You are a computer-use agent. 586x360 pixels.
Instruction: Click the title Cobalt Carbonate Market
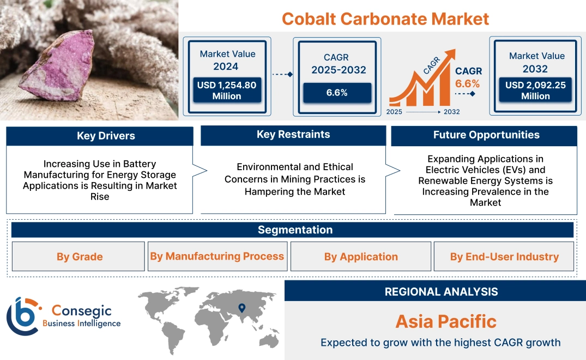tap(385, 19)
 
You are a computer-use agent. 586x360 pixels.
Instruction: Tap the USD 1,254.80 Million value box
tap(226, 90)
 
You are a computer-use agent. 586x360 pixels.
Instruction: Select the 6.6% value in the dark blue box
tap(337, 92)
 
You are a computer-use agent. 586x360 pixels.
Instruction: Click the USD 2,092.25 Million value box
tap(535, 90)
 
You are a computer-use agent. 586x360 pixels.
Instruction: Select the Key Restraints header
tap(293, 135)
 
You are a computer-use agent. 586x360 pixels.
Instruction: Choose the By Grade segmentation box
tap(79, 256)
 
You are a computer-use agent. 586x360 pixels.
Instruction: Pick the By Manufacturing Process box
tap(217, 256)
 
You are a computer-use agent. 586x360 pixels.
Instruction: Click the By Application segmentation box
tap(361, 256)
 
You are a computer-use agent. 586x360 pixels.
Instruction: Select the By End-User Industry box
tap(504, 256)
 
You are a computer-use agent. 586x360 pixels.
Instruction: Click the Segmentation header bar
tap(294, 230)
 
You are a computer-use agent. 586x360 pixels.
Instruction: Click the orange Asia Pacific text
tap(445, 321)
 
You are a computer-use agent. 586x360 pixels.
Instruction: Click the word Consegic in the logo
tap(81, 311)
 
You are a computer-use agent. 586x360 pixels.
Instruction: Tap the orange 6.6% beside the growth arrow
tap(468, 83)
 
